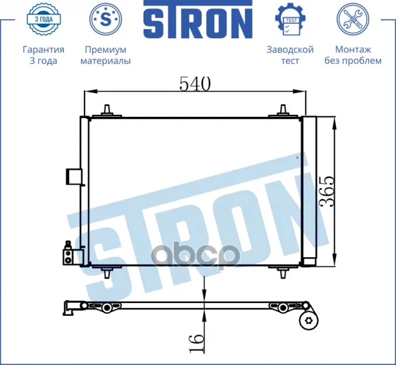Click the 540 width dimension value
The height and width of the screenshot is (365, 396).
tap(195, 83)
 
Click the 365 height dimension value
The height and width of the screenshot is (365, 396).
tap(327, 191)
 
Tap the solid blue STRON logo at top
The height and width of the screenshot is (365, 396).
tap(198, 19)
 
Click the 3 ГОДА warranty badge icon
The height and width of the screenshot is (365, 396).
tap(43, 19)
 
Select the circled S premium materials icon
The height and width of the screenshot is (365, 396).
tap(106, 19)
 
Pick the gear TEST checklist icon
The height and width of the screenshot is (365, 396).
tap(290, 19)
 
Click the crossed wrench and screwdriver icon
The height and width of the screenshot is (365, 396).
tap(353, 19)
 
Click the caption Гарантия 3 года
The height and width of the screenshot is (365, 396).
tap(43, 55)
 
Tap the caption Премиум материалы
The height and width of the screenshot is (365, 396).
tap(106, 55)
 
